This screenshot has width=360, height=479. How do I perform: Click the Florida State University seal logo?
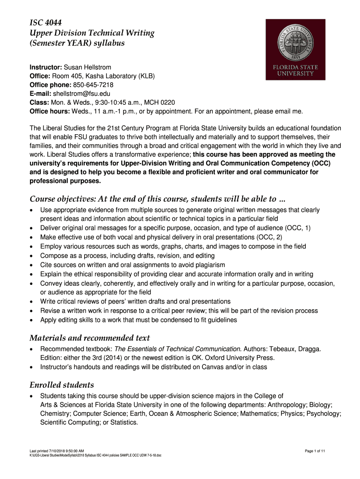(x=295, y=49)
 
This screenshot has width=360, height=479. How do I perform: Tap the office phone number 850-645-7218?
(x=93, y=85)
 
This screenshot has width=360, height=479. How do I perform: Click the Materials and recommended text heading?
(x=90, y=338)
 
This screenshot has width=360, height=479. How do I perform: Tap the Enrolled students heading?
(x=62, y=385)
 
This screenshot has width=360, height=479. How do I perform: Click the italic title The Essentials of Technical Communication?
(x=179, y=349)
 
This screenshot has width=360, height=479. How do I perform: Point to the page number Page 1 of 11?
(x=315, y=450)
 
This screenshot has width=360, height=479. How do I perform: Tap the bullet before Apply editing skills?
(x=31, y=320)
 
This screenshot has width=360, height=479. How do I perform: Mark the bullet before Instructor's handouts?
(x=31, y=368)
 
